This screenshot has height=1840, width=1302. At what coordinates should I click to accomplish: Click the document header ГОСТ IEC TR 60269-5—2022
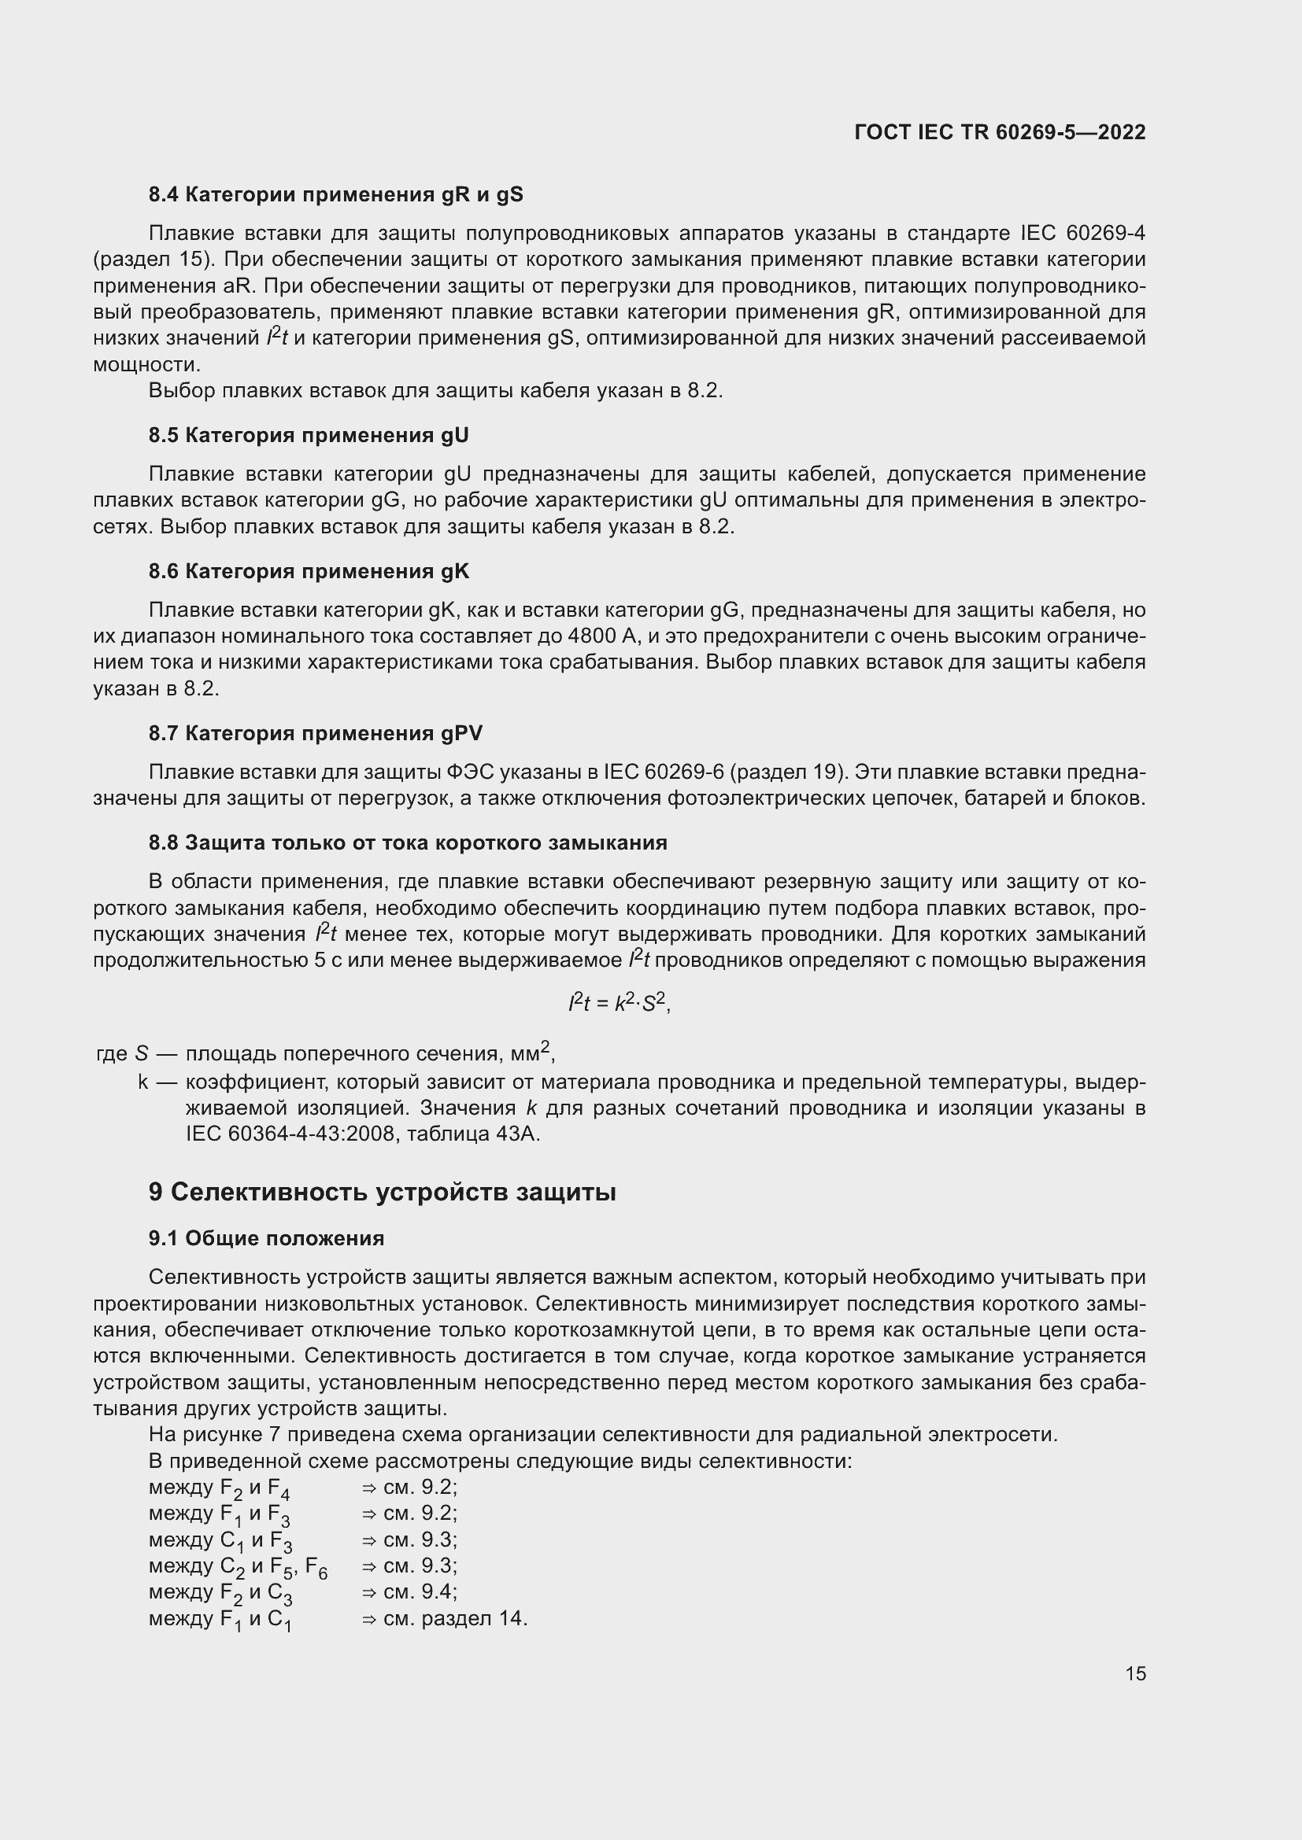[x=1000, y=132]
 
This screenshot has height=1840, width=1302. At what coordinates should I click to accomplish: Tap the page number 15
[x=1135, y=1673]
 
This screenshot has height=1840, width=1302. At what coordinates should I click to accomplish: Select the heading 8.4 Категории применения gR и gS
[x=335, y=194]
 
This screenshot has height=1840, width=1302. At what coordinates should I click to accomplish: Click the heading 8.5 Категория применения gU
[x=309, y=435]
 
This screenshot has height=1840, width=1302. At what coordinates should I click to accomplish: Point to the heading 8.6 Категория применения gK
[x=309, y=571]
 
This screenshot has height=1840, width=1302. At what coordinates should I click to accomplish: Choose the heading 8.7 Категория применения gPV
[x=315, y=733]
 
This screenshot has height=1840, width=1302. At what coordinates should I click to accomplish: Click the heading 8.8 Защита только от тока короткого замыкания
[x=407, y=843]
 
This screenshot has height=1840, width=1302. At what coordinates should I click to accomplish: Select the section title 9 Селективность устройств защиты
[x=382, y=1192]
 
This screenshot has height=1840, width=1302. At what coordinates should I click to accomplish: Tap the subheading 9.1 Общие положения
[x=266, y=1238]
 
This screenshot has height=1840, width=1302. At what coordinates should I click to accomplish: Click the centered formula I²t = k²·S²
[x=618, y=1002]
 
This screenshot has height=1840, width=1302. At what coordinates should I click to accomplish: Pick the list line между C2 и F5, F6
[x=238, y=1567]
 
